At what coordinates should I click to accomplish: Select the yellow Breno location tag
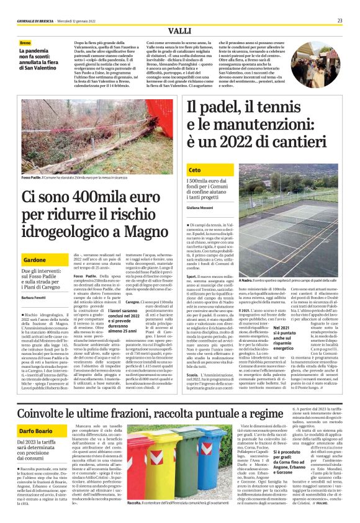click(x=25, y=43)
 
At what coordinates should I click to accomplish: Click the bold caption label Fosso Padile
click(x=31, y=177)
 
